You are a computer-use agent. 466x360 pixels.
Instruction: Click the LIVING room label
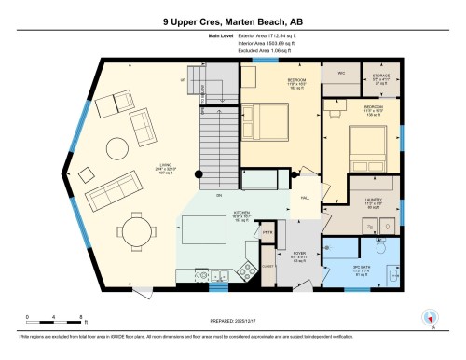point(166,171)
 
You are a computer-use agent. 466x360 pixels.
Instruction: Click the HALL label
point(304,198)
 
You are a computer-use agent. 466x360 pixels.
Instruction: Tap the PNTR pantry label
point(266,232)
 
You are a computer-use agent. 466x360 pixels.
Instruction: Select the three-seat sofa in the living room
point(107,194)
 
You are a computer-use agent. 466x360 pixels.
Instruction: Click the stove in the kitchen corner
point(221,275)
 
